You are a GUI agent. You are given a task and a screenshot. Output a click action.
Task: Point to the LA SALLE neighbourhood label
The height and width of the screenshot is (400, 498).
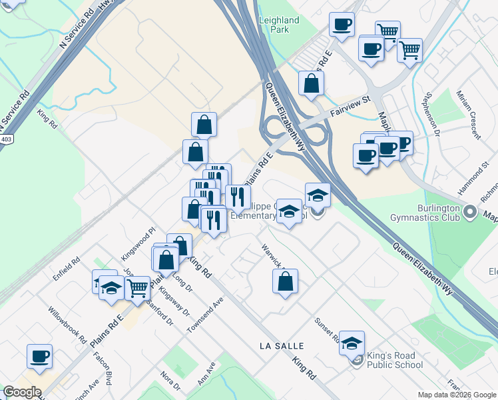point(282,346)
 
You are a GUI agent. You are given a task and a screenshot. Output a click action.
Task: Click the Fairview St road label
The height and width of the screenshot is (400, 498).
point(350,107)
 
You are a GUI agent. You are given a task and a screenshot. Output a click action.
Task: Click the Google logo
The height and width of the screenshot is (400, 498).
point(22,392)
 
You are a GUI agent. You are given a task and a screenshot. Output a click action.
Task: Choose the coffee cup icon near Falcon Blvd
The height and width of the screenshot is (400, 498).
point(39,355)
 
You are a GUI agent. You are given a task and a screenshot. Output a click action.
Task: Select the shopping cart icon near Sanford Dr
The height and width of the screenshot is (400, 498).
point(137,288)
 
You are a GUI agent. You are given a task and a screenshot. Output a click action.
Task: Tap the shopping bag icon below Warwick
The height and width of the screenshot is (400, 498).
point(285,281)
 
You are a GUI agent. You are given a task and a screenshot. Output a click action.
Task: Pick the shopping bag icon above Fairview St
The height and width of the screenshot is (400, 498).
point(311,83)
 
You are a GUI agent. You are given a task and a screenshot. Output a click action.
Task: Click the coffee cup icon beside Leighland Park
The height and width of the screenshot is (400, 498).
point(342,25)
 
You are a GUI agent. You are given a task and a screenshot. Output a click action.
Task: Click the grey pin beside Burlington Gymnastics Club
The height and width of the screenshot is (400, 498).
point(471,212)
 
